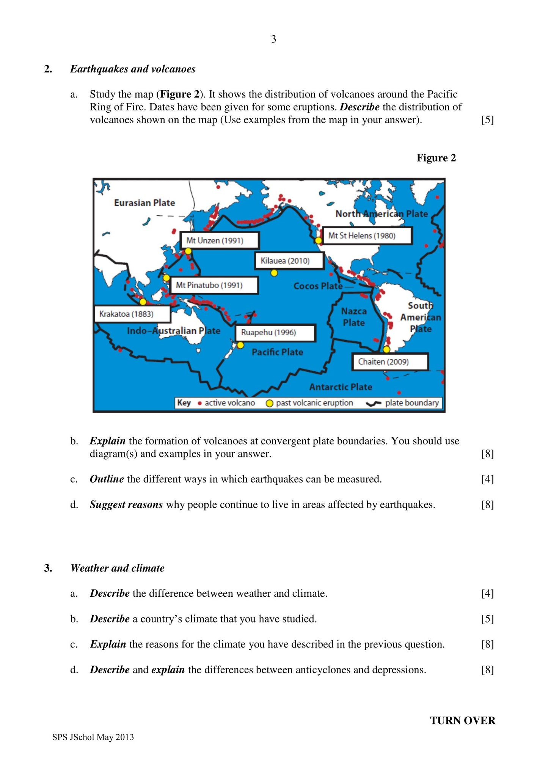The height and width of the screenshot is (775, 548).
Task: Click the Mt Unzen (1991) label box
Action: [219, 241]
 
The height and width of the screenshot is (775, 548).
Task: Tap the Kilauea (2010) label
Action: [289, 261]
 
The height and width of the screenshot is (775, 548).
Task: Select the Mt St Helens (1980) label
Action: [367, 236]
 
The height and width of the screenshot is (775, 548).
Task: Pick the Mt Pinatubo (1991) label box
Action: [214, 285]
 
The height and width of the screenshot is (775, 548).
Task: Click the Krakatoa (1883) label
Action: [132, 314]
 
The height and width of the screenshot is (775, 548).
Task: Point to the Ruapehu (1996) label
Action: [275, 333]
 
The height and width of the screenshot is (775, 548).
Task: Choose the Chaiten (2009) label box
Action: [390, 362]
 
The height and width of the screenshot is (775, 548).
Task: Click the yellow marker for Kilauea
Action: [274, 273]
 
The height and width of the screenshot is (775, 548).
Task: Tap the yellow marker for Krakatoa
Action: [143, 302]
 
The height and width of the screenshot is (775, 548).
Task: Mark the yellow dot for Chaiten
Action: [386, 349]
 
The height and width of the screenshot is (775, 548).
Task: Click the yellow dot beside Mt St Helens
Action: [319, 241]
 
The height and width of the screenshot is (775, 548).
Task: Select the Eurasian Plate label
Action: [144, 203]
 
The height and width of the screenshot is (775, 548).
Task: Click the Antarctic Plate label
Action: [341, 387]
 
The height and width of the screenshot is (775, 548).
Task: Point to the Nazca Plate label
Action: [354, 317]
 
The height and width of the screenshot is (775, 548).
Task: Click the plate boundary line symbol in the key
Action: [374, 403]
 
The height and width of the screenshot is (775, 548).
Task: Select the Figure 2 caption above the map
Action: [436, 158]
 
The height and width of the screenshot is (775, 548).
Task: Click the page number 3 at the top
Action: [274, 39]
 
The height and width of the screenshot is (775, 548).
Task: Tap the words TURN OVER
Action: [462, 721]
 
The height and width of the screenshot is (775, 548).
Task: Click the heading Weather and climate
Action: [118, 568]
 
